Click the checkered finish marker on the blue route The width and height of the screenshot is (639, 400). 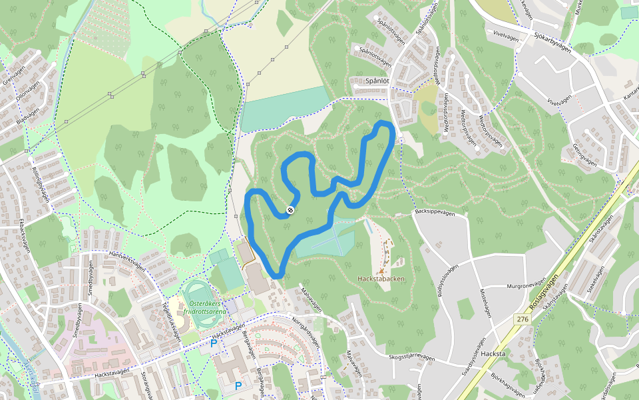click(290, 211)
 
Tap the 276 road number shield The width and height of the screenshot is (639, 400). click(522, 321)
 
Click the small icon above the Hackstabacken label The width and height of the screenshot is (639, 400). click(381, 271)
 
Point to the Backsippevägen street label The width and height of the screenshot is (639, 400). click(434, 213)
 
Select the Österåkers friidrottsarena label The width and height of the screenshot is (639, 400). click(204, 306)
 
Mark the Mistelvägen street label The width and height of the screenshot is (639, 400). click(490, 303)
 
